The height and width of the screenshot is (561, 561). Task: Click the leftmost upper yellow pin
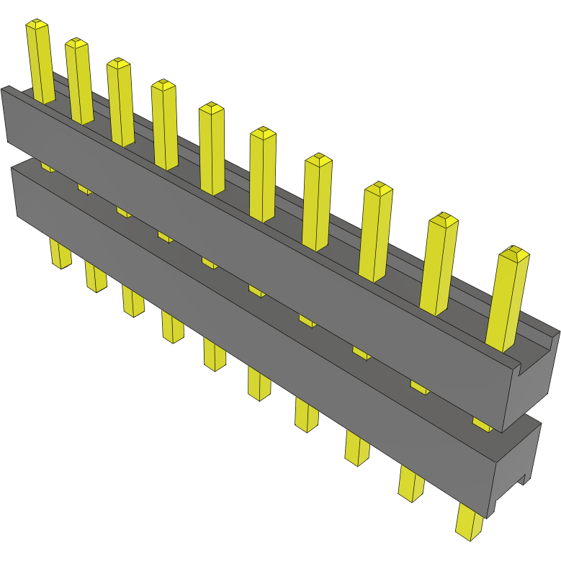pyautogui.click(x=41, y=62)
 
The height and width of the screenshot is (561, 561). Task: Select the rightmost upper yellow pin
pyautogui.click(x=507, y=299)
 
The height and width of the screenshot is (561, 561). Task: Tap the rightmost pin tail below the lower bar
pyautogui.click(x=470, y=523)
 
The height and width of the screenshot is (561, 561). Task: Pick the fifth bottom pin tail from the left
pyautogui.click(x=214, y=355)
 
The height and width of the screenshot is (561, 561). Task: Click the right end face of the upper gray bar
pyautogui.click(x=533, y=382)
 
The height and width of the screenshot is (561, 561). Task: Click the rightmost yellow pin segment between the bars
pyautogui.click(x=482, y=423)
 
